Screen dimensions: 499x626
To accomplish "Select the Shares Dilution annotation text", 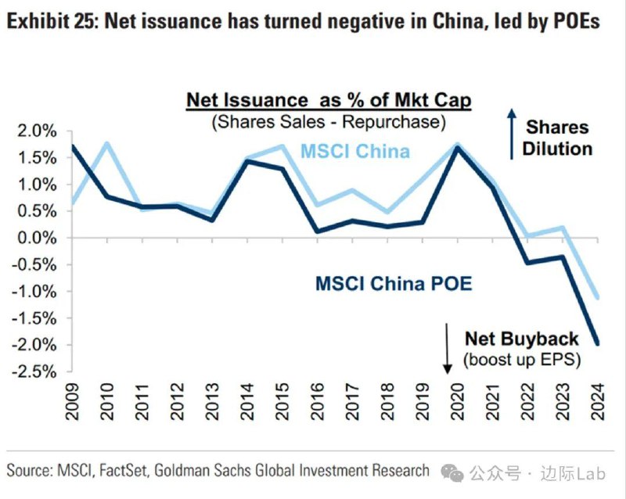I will click(x=557, y=138).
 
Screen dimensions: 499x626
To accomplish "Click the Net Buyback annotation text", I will click(x=522, y=339).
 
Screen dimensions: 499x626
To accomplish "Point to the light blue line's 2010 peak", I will click(x=106, y=142).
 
